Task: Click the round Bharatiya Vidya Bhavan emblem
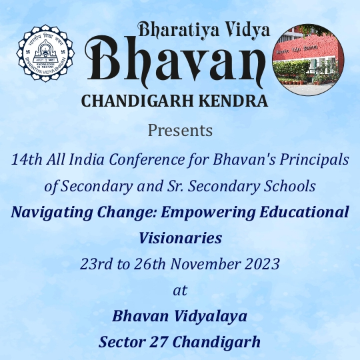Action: (45, 53)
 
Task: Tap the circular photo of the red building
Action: (308, 60)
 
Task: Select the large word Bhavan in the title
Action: (175, 61)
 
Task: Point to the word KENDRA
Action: (233, 101)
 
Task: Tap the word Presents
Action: (180, 131)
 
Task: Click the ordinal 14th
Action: (27, 159)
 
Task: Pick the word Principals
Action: (314, 160)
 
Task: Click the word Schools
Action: (289, 186)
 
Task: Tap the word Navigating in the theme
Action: (52, 213)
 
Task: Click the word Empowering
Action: (208, 213)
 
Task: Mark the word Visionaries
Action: (180, 238)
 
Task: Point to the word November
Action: (205, 264)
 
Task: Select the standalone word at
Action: (180, 291)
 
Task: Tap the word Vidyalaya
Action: (210, 317)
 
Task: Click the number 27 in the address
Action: (159, 342)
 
